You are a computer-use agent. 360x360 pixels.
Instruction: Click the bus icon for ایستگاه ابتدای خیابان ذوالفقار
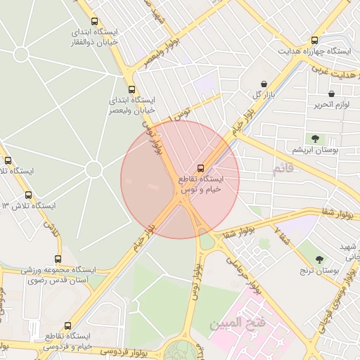[95, 22]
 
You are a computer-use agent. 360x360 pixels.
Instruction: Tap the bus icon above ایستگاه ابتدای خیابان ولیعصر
[132, 89]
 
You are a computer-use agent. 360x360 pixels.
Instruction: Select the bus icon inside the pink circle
[201, 168]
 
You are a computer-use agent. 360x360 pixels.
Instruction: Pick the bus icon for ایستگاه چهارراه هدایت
[314, 40]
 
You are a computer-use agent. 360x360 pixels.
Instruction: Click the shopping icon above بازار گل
[264, 83]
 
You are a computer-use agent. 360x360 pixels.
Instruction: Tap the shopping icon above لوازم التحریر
[331, 94]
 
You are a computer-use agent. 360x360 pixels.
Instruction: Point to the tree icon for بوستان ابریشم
[314, 139]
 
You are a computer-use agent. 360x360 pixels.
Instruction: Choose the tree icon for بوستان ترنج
[319, 259]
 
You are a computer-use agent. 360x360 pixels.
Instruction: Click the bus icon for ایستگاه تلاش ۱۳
[28, 195]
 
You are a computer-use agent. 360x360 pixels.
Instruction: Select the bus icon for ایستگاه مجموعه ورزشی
[58, 258]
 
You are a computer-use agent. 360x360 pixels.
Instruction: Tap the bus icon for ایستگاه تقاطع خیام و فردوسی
[67, 326]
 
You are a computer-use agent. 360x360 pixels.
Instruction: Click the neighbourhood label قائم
[282, 169]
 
